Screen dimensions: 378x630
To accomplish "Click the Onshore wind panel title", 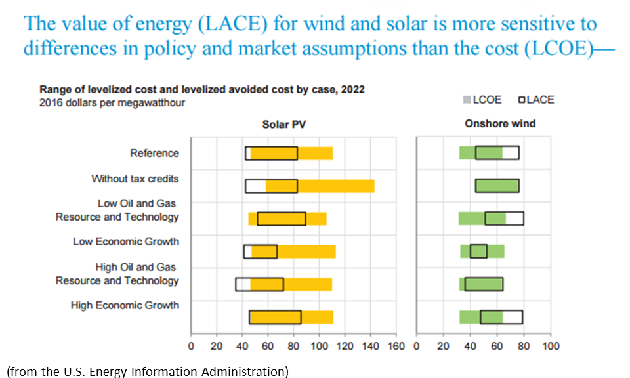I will point(500,123).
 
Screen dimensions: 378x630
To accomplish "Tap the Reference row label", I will point(154,153).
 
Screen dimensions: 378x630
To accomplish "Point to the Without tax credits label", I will point(135,178).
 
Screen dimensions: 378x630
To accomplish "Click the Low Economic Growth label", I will point(125,241).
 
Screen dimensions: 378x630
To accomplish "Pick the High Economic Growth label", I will point(125,305).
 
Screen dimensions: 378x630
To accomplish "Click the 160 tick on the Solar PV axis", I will point(396,346).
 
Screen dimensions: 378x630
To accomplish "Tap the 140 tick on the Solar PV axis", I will point(370,346).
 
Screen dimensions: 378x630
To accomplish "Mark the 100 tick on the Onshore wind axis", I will point(551,346).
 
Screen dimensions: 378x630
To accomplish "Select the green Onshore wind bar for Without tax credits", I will point(497,186).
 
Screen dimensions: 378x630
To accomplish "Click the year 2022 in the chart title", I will point(351,89).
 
